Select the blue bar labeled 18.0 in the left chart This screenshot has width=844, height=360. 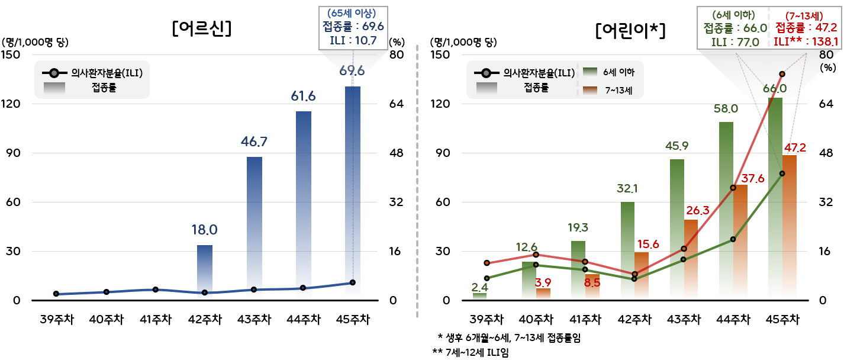(x=205, y=272)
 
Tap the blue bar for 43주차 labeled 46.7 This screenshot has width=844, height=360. (x=255, y=228)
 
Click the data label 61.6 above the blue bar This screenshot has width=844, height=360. (x=303, y=97)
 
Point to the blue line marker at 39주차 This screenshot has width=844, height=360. (x=56, y=294)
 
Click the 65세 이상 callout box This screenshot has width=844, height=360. (x=352, y=27)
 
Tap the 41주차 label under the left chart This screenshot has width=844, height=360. (x=156, y=320)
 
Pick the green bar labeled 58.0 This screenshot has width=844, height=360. (x=726, y=210)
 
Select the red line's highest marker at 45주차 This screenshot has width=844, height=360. (x=782, y=74)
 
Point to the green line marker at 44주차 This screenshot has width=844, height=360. (x=733, y=239)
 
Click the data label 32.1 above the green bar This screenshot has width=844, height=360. (x=627, y=189)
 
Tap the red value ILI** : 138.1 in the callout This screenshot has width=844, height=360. (x=806, y=41)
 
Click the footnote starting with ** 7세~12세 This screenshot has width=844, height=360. (x=471, y=352)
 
